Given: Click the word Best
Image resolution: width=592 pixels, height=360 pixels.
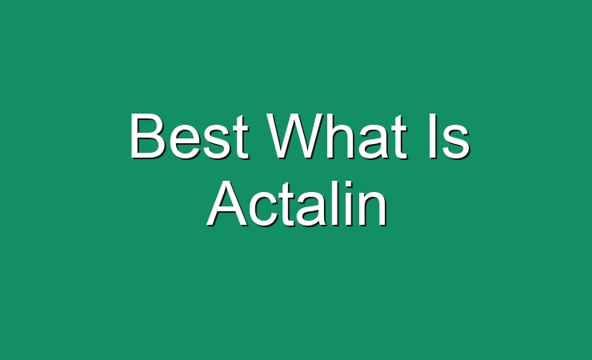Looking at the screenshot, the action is click(190, 136).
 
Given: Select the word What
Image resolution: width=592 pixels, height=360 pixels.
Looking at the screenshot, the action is click(337, 136).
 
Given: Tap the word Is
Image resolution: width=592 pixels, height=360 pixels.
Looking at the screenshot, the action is click(449, 136).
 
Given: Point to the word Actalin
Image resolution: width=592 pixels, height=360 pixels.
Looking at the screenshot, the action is click(297, 204).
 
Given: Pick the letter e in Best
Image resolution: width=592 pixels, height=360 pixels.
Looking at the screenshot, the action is click(183, 142).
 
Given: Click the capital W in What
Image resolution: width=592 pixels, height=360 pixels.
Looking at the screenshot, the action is click(294, 135).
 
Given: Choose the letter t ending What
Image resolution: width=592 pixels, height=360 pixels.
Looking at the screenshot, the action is click(400, 137).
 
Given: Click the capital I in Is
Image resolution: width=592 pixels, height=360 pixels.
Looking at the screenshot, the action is click(433, 135).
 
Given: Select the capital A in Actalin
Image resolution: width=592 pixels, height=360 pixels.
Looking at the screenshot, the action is click(227, 203).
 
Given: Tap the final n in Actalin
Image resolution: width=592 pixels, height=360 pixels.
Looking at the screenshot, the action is click(374, 209).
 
